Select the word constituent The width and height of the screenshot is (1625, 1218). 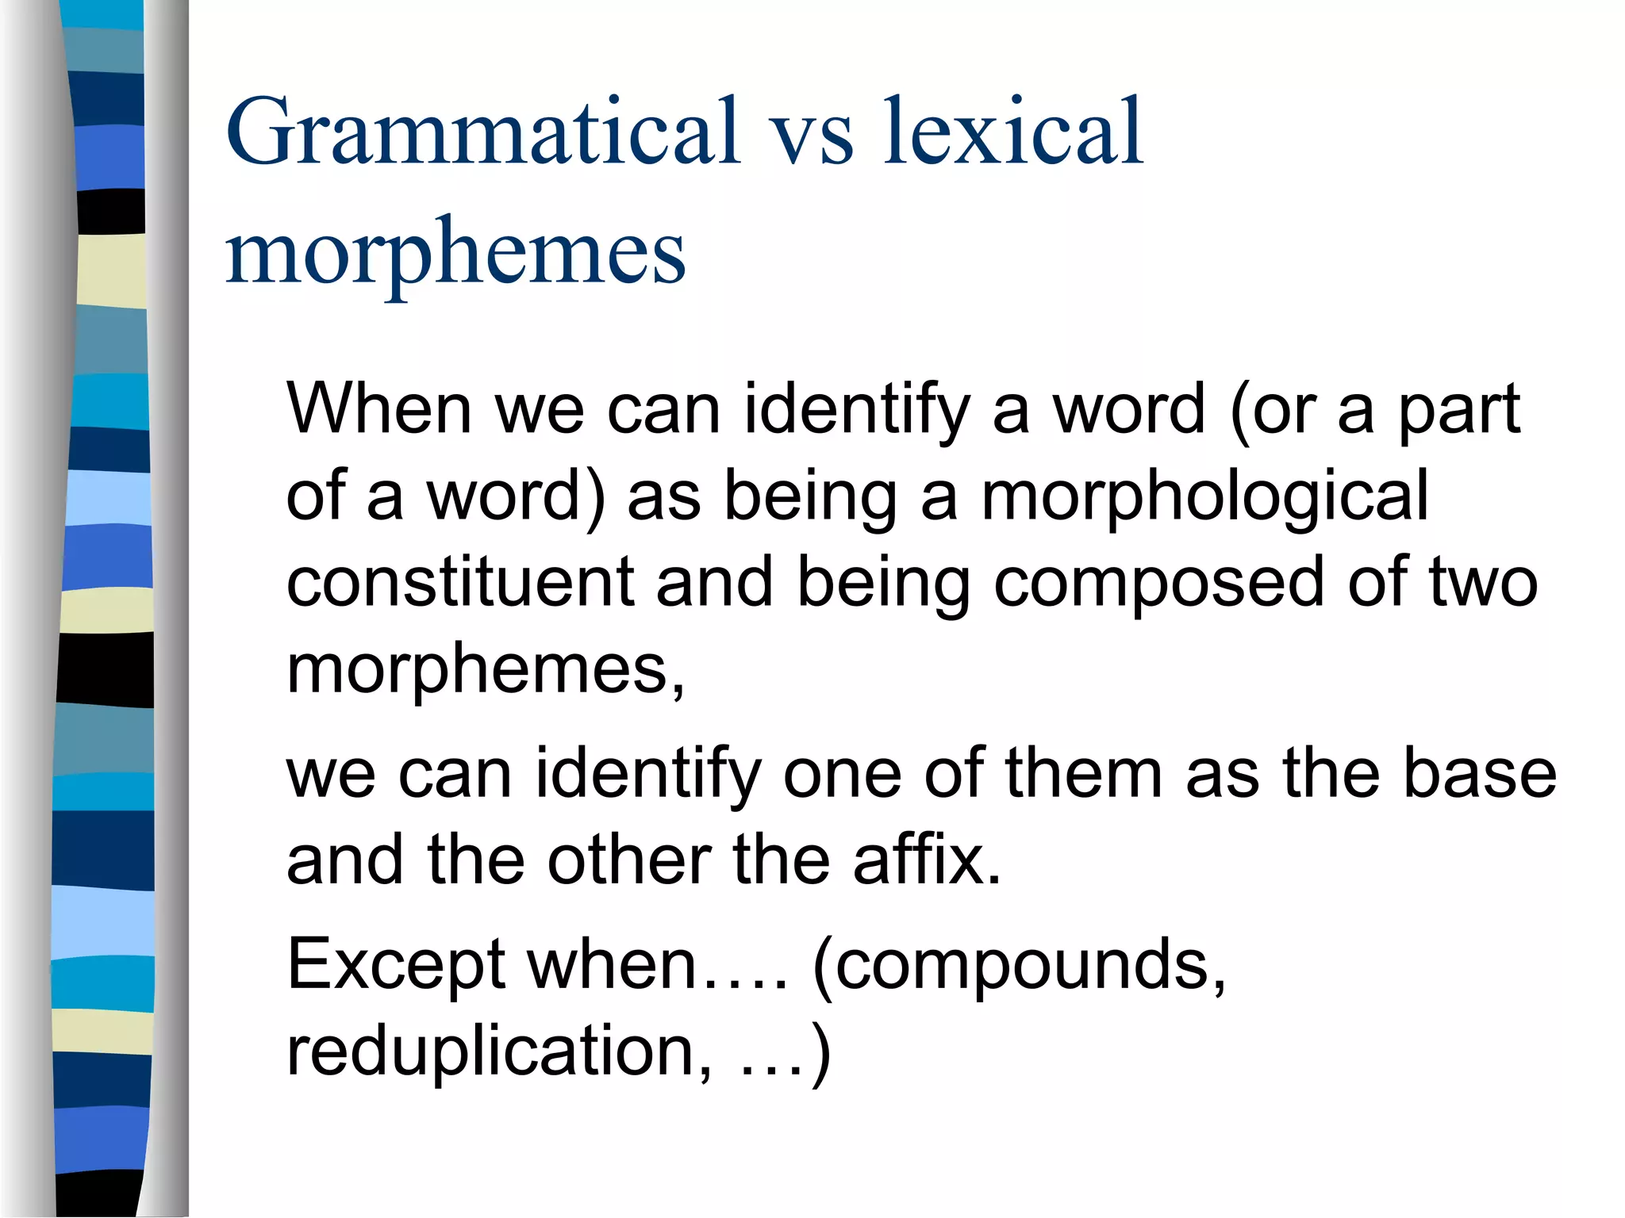tap(459, 583)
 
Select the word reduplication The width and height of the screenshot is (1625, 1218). tap(489, 1053)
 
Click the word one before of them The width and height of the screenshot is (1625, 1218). tap(842, 775)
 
